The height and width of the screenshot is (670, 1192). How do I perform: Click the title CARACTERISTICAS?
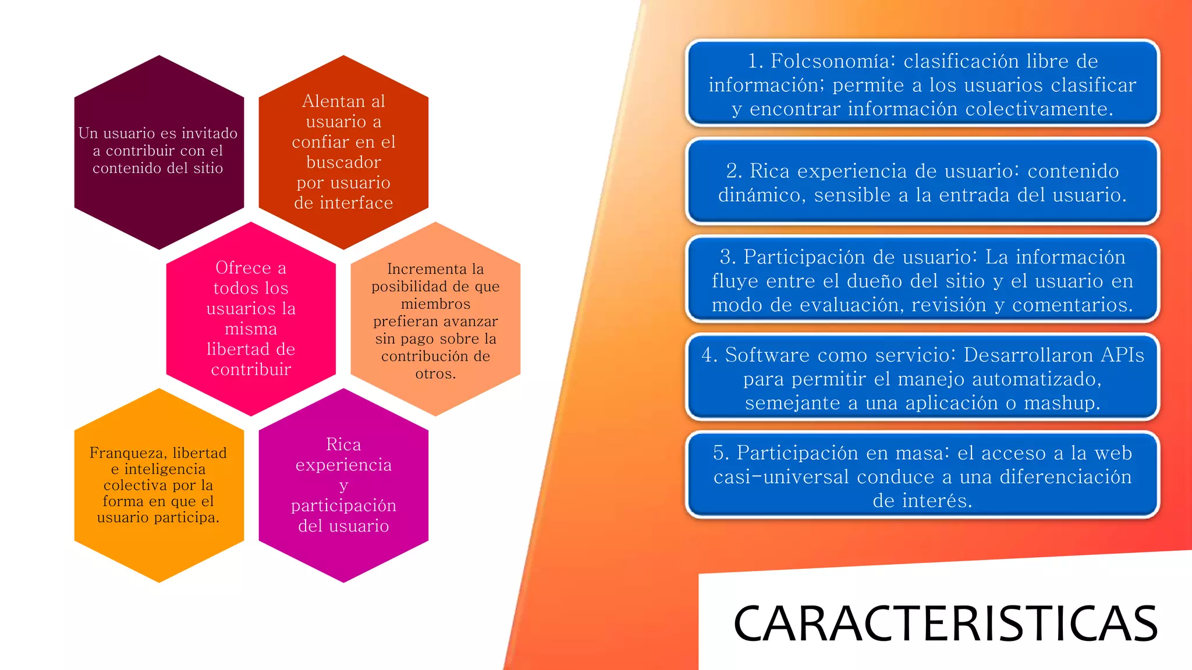point(945,623)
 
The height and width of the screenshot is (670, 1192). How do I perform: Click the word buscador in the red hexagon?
point(343,162)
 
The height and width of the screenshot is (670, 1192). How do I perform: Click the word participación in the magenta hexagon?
point(343,505)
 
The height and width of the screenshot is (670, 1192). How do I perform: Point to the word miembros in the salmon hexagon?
point(435,304)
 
